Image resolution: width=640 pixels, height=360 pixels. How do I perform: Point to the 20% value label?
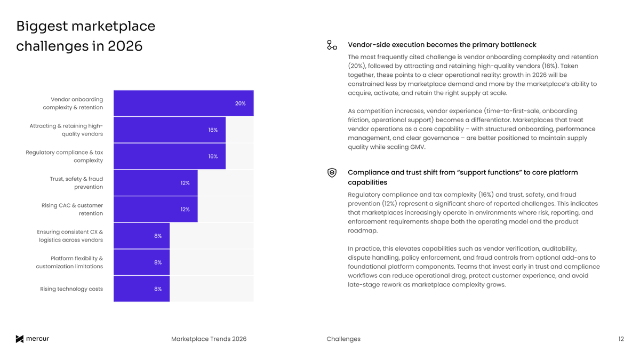[240, 103]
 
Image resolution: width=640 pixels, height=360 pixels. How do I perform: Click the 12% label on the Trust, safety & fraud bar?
[185, 183]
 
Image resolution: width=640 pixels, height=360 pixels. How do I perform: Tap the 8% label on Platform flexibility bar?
[158, 262]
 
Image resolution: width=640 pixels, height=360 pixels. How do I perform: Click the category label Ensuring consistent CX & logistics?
[70, 236]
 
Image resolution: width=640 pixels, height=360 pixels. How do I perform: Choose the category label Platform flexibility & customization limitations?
[69, 262]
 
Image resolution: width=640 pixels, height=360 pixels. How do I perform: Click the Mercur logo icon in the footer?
[20, 339]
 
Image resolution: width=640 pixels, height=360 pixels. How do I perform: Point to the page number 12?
[621, 339]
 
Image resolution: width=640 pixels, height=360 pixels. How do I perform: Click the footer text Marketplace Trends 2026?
[209, 339]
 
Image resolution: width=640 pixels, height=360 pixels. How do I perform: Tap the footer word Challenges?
[343, 339]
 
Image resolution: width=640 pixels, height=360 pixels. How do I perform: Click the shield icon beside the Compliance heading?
[332, 173]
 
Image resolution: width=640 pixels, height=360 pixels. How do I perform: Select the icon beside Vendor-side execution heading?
[332, 45]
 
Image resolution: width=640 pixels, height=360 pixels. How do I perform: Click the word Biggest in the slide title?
[42, 27]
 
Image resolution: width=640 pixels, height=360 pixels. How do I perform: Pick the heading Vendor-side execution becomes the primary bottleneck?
[442, 45]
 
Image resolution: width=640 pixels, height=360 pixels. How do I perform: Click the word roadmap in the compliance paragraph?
[362, 231]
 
